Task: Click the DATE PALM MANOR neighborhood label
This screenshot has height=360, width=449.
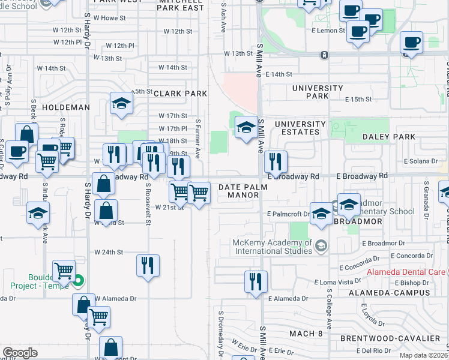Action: (238, 191)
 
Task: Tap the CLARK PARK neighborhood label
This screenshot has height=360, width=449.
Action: (180, 94)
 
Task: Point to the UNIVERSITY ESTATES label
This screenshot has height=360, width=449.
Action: (300, 128)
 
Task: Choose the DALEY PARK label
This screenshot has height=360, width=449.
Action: (389, 137)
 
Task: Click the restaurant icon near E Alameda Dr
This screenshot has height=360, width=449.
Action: (256, 281)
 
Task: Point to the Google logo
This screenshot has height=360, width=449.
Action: (20, 353)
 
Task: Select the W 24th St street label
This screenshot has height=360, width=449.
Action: (108, 252)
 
